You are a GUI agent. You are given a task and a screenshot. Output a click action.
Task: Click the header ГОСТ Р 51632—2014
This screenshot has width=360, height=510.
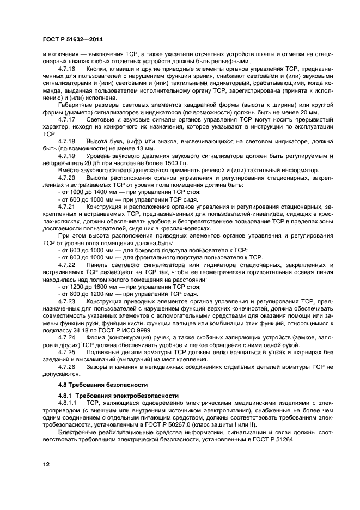[x=65, y=40]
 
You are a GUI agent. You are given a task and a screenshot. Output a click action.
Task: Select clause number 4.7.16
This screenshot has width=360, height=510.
[x=65, y=69]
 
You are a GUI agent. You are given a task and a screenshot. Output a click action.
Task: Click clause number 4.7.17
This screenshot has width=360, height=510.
[x=65, y=118]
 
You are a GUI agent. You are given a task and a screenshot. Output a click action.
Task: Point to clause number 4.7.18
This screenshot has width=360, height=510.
[x=65, y=141]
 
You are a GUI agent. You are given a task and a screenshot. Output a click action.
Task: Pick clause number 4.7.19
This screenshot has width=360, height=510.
[x=65, y=156]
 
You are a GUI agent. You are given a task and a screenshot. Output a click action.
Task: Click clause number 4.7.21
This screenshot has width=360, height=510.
[x=65, y=208]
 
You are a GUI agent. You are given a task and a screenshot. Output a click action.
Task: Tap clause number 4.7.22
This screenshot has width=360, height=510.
[x=65, y=264]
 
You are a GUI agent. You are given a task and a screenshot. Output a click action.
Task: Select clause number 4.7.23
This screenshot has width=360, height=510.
[x=65, y=301]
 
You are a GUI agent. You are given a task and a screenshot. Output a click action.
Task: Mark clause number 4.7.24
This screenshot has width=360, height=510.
[x=65, y=338]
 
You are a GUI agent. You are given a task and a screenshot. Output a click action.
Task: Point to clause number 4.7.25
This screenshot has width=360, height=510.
[x=65, y=353]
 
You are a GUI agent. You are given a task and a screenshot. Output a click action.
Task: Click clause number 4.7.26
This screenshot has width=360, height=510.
[x=65, y=368]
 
